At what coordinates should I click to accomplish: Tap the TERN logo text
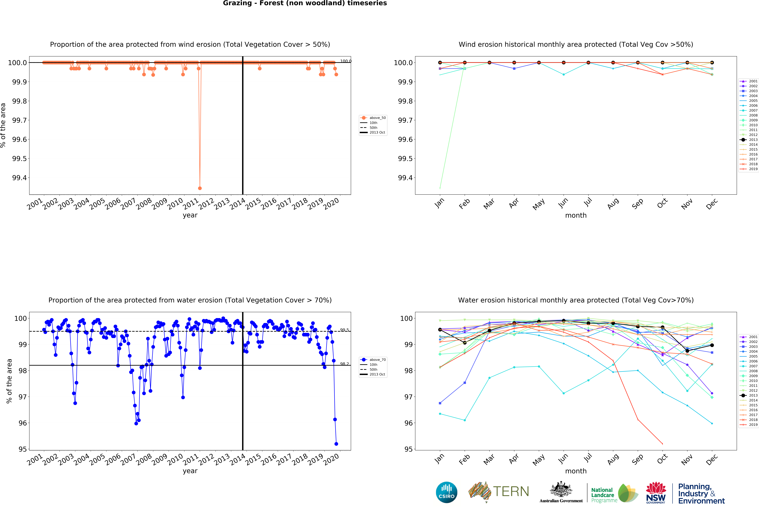pos(511,491)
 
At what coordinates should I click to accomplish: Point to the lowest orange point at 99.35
pos(200,188)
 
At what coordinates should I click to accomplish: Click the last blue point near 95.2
pos(336,444)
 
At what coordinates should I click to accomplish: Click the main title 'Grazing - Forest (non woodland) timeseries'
pos(305,3)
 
